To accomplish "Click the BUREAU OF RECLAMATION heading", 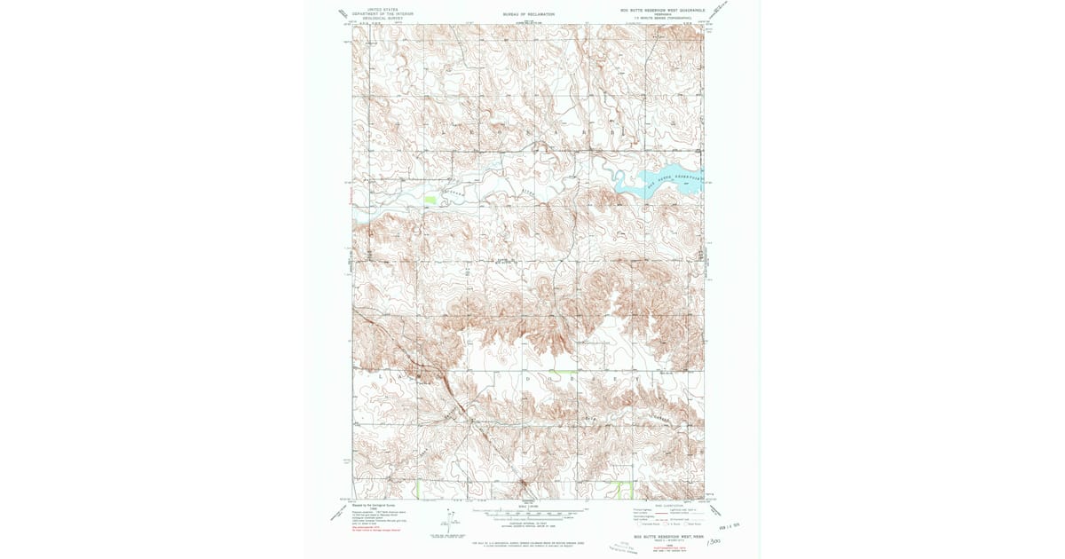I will point(528,14).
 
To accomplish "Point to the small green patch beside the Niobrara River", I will point(430,201).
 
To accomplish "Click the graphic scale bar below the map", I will point(529,512).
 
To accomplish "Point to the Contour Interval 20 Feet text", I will point(529,524).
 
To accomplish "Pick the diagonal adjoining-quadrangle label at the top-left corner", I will point(343,13).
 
